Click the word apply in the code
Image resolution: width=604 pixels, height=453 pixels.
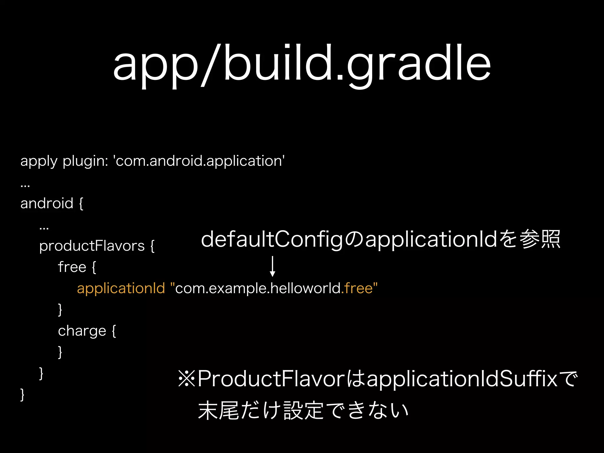(x=39, y=162)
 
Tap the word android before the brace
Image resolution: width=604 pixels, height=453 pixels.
(x=47, y=203)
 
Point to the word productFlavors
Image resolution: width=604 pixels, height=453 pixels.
(x=92, y=246)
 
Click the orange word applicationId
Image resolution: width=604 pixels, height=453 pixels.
(x=121, y=288)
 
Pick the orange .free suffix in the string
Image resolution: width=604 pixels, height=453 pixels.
(x=357, y=288)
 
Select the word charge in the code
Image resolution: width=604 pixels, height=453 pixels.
(x=82, y=331)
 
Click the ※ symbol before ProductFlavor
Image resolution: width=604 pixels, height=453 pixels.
(x=187, y=379)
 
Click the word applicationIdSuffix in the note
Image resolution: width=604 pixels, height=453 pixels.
(x=462, y=379)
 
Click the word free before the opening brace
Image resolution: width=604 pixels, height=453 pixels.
(x=72, y=267)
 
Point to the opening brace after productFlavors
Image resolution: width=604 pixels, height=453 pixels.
(x=152, y=246)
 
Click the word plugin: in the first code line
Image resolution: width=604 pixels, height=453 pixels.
(x=85, y=162)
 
